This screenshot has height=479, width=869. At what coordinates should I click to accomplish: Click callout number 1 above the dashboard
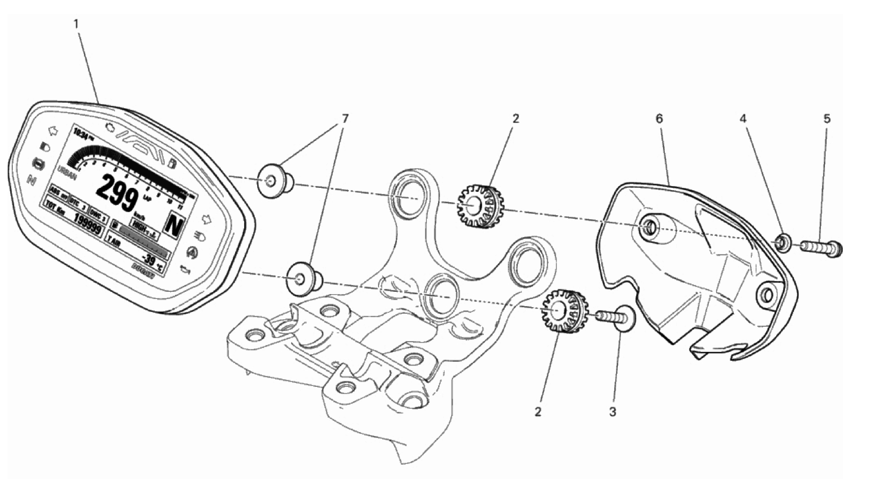pyautogui.click(x=76, y=24)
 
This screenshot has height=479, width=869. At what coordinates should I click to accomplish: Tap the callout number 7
pyautogui.click(x=345, y=118)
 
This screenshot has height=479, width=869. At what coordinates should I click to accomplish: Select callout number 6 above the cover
pyautogui.click(x=659, y=118)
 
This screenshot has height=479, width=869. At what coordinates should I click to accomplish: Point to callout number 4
pyautogui.click(x=743, y=118)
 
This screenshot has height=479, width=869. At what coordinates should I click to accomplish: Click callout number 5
pyautogui.click(x=827, y=118)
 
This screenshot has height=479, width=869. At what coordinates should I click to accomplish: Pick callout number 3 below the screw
pyautogui.click(x=612, y=411)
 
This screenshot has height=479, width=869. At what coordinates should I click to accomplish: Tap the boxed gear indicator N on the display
pyautogui.click(x=174, y=225)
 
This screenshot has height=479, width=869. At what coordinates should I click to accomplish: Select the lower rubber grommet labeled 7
pyautogui.click(x=303, y=278)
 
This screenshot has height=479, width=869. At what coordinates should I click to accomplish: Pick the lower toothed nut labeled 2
pyautogui.click(x=564, y=310)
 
